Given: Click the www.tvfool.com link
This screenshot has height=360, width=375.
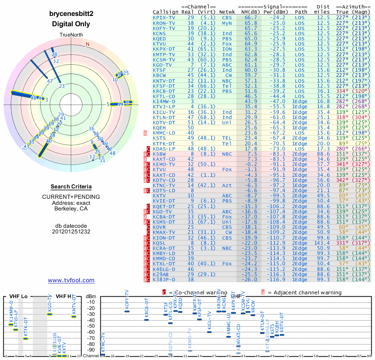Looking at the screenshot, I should (71, 280).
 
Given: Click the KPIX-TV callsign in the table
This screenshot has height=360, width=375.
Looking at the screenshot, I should (164, 17).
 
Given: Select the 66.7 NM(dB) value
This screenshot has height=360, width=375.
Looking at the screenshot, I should (251, 17).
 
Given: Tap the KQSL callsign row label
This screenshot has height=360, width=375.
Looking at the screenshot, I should (160, 243).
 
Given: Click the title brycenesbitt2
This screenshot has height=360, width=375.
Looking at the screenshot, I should (71, 14).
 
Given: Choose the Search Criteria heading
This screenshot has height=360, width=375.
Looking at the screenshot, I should (71, 187).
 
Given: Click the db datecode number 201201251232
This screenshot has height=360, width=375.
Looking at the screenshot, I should (71, 232).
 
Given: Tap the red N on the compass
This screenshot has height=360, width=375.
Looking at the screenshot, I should (87, 44).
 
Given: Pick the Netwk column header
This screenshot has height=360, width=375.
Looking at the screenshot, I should (227, 12).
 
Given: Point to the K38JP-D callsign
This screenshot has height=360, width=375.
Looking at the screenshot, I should (164, 280).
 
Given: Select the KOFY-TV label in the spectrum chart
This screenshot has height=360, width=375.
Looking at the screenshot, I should (127, 299).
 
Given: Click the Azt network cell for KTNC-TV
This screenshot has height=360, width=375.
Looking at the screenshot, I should (227, 186).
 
